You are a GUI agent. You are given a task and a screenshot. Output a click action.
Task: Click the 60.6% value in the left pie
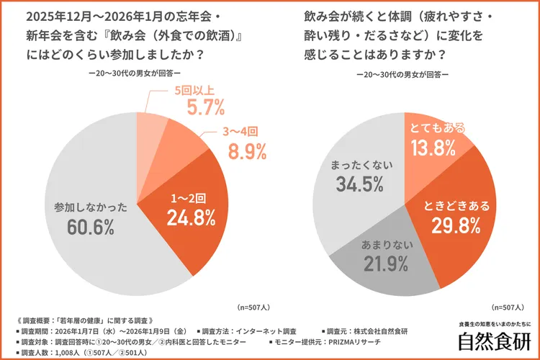tap(91, 227)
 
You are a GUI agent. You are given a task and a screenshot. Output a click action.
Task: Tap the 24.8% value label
tap(190, 216)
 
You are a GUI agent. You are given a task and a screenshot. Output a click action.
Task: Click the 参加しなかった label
tap(91, 207)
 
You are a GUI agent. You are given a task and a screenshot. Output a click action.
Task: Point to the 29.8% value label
tap(456, 225)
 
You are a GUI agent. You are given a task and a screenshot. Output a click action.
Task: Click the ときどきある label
tap(456, 206)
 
